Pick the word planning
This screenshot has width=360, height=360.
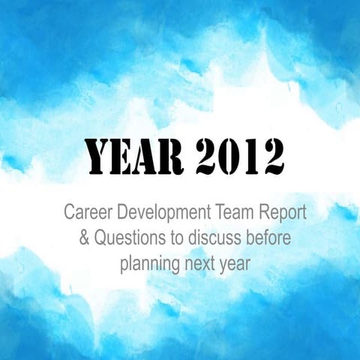146,264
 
